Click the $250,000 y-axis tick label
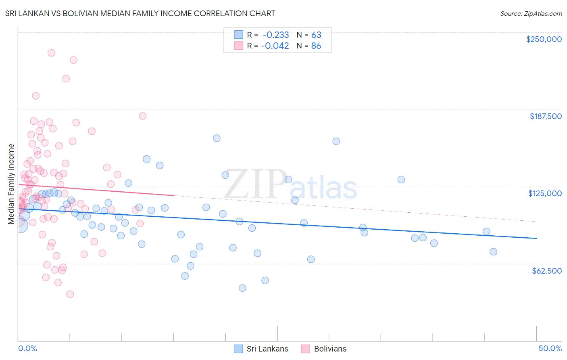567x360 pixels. [544, 39]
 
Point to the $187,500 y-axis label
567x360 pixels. [545, 116]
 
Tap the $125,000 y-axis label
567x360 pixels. [545, 193]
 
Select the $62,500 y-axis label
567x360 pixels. [546, 271]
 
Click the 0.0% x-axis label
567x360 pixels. [27, 348]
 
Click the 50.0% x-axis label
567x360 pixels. [550, 348]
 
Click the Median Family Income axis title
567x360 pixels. [11, 184]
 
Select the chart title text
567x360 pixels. [140, 13]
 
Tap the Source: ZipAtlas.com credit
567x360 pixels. [531, 13]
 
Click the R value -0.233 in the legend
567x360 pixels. [275, 35]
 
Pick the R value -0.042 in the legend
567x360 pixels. [275, 46]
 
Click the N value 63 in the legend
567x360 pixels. [316, 35]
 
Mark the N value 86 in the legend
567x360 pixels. [316, 46]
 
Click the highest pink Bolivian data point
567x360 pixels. [51, 53]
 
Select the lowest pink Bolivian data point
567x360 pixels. [70, 294]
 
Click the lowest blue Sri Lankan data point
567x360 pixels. [242, 288]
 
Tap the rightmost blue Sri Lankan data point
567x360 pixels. [493, 252]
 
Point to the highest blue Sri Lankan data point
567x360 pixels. [217, 138]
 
